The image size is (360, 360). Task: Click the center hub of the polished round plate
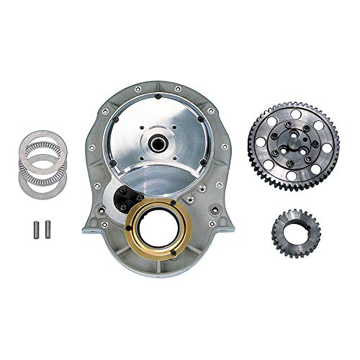156,138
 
